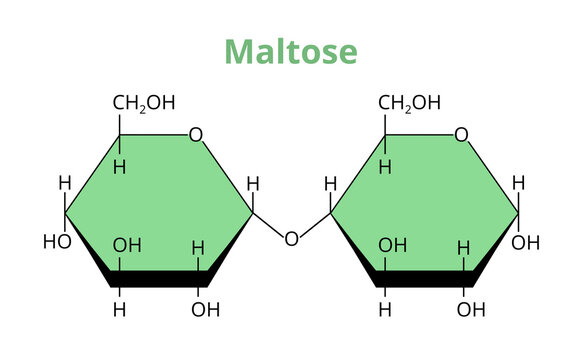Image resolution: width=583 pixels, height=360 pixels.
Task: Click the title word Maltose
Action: tap(290, 51)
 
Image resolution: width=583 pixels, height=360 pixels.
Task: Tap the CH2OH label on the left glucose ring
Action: tap(143, 102)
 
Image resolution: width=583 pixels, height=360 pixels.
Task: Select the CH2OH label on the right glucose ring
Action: tap(409, 102)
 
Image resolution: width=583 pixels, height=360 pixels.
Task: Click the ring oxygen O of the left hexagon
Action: tap(196, 135)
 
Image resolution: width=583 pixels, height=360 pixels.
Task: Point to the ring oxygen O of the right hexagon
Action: tap(461, 135)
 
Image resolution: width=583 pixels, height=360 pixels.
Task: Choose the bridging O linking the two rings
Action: tap(291, 238)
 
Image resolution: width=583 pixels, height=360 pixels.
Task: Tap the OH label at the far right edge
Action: tap(526, 242)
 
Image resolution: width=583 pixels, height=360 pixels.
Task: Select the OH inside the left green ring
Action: tap(127, 244)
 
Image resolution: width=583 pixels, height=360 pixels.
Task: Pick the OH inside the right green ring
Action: tap(392, 244)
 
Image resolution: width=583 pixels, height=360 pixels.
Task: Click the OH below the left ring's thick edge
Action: tap(205, 308)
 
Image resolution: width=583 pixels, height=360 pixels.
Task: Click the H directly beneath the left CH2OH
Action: tap(119, 166)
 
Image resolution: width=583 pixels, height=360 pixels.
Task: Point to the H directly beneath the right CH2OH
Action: tap(385, 166)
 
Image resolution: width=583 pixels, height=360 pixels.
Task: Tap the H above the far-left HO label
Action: tap(65, 183)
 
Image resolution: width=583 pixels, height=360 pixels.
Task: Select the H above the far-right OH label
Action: tap(518, 183)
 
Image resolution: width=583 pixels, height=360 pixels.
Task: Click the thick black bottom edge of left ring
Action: tap(160, 278)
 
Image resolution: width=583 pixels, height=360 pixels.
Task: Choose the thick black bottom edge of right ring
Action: tap(425, 278)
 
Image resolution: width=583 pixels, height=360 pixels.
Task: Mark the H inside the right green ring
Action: tap(463, 247)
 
